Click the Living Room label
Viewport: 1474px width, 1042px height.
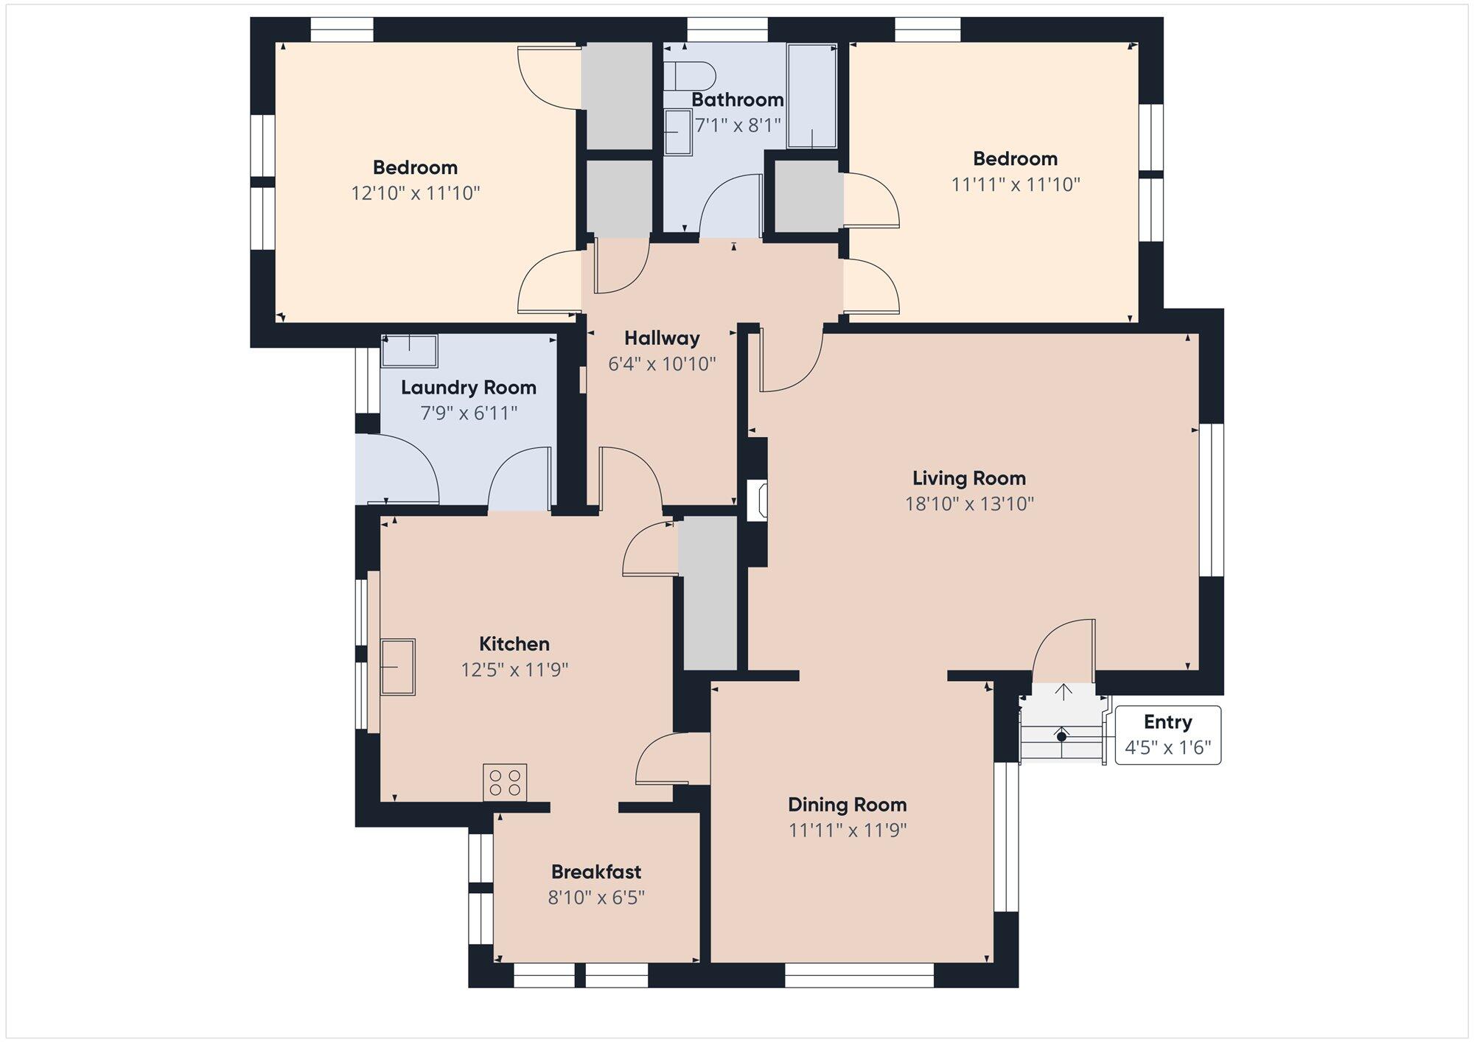click(x=969, y=478)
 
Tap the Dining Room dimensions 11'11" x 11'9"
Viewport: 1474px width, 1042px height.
click(x=848, y=831)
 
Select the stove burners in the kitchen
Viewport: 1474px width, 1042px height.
click(x=505, y=783)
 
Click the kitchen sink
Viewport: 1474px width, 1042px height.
click(x=398, y=667)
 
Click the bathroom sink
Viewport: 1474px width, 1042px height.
click(x=678, y=132)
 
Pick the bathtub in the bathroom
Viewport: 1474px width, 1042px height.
click(x=812, y=96)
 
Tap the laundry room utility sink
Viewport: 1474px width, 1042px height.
click(x=409, y=351)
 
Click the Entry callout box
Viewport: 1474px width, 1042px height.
click(x=1168, y=735)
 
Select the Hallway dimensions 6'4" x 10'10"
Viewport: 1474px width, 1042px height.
click(x=662, y=364)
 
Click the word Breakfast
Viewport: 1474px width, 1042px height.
click(x=596, y=872)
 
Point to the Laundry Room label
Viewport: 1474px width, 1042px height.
click(x=469, y=388)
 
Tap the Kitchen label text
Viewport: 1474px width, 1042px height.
click(x=514, y=644)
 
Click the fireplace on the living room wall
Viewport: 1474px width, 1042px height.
click(x=758, y=501)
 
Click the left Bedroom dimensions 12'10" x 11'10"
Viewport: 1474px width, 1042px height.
click(x=416, y=193)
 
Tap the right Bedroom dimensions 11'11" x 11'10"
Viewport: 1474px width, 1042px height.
click(x=1016, y=184)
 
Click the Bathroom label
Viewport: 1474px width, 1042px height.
click(x=737, y=99)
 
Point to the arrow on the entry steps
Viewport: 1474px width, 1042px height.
click(x=1063, y=692)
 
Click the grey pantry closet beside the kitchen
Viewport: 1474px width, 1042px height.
click(x=708, y=593)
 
